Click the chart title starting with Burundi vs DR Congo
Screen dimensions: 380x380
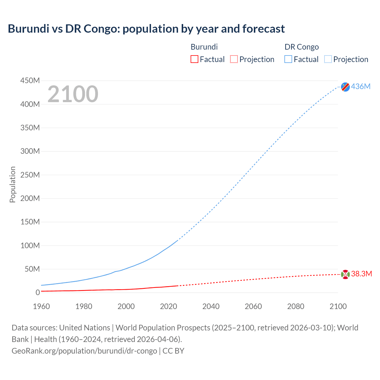[x=146, y=29]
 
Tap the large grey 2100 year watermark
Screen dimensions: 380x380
[x=73, y=94]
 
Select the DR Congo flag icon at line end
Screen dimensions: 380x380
[x=345, y=87]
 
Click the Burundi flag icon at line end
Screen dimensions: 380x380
[x=345, y=274]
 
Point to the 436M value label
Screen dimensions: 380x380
[x=361, y=86]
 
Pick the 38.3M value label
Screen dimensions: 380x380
[x=361, y=274]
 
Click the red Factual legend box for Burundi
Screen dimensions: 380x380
[x=194, y=59]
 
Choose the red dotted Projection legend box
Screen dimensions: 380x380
[x=234, y=59]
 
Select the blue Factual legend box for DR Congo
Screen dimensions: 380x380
[x=288, y=59]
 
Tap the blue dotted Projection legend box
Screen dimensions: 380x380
[x=328, y=59]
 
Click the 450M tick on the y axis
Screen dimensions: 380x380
[x=30, y=80]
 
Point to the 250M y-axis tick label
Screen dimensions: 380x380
[x=30, y=175]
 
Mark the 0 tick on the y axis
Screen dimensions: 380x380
[x=37, y=292]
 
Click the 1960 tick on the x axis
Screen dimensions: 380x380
[x=41, y=306]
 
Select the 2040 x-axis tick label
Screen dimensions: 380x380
[x=211, y=306]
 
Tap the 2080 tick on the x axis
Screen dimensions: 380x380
[x=296, y=306]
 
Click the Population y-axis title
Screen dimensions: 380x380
[x=12, y=184]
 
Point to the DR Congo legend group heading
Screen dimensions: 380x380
[x=302, y=47]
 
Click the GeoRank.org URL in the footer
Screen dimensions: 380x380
[x=84, y=351]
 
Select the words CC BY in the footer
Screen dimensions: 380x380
[x=173, y=351]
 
